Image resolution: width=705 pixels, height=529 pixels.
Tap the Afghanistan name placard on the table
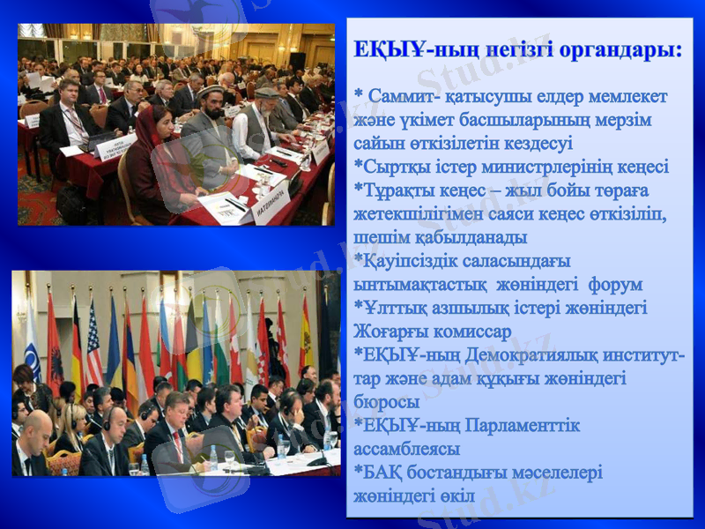(271, 211)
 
